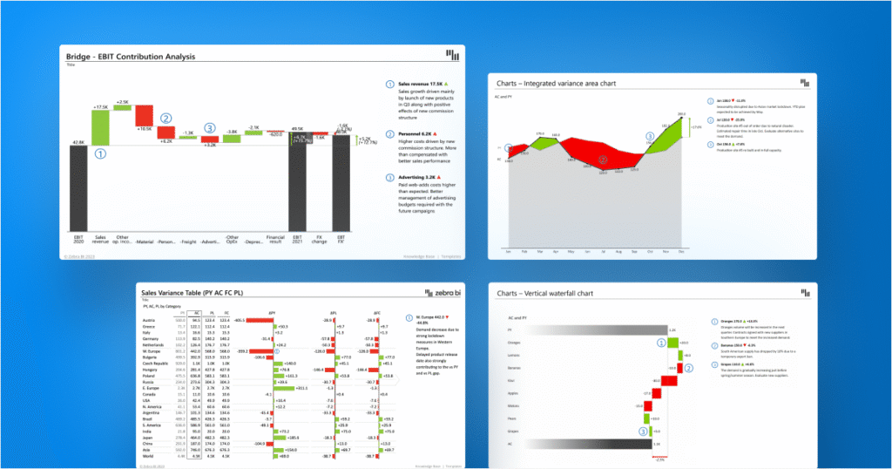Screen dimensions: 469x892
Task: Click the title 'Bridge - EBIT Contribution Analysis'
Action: tap(131, 57)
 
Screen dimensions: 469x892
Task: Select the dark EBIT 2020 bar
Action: tap(78, 187)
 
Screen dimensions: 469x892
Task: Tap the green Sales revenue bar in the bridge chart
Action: tap(100, 127)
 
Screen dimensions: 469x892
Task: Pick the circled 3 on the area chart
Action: tap(649, 137)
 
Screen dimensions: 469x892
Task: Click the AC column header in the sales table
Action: tap(196, 311)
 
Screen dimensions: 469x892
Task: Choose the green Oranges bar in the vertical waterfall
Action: tap(672, 343)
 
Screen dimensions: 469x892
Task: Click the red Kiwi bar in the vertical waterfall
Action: tap(669, 381)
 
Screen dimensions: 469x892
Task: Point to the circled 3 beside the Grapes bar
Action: tap(645, 431)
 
